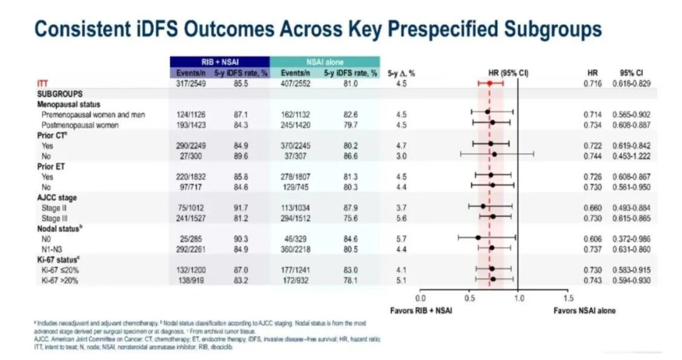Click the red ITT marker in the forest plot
pyautogui.click(x=490, y=83)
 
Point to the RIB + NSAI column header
pyautogui.click(x=219, y=62)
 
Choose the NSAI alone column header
pyautogui.click(x=324, y=62)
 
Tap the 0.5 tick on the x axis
pyautogui.click(x=469, y=298)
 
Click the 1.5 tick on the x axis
pyautogui.click(x=568, y=298)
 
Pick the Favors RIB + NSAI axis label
pyautogui.click(x=421, y=311)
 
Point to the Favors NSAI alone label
pyautogui.click(x=585, y=311)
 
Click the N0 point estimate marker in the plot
pyautogui.click(x=478, y=237)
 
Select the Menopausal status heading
pyautogui.click(x=68, y=104)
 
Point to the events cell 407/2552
pyautogui.click(x=295, y=83)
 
